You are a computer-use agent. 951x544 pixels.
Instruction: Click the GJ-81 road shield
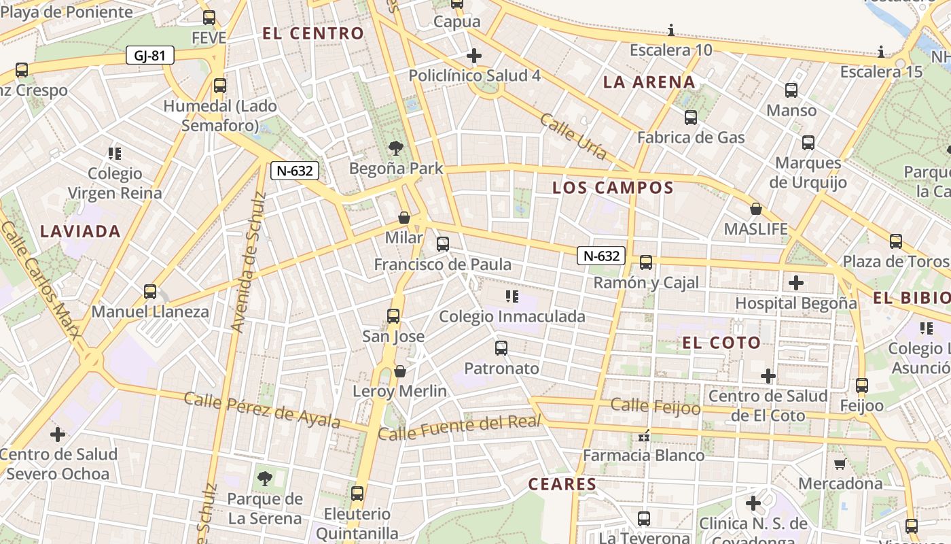click(149, 56)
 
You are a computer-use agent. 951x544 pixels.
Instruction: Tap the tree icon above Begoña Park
click(395, 148)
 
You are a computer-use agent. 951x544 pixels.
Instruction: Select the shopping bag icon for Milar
click(404, 218)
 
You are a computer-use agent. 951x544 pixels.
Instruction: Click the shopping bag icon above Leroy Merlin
click(400, 371)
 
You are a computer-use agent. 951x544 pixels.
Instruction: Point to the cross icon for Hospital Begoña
click(796, 282)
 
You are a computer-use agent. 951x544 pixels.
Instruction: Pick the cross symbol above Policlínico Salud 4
click(474, 55)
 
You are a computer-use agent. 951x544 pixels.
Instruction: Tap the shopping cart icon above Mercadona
click(840, 464)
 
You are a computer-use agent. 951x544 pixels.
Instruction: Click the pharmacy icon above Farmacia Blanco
click(644, 435)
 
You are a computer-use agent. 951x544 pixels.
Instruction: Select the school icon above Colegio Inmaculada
click(512, 296)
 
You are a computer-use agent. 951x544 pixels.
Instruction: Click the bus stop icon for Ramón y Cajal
click(646, 262)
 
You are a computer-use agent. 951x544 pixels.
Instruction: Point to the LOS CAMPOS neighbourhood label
click(613, 188)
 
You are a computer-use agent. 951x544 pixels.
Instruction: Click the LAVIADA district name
click(80, 231)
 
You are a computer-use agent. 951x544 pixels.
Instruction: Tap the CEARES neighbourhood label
click(562, 484)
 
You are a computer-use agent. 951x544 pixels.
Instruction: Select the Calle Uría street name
click(573, 137)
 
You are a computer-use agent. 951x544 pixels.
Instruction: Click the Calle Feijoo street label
click(655, 407)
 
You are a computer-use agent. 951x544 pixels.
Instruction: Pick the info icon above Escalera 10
click(671, 30)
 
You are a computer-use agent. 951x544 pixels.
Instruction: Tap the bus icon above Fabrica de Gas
click(691, 117)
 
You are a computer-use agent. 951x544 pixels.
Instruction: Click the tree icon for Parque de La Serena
click(265, 479)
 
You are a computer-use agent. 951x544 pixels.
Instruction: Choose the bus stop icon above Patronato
click(501, 348)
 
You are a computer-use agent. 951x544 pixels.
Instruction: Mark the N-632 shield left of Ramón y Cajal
click(601, 256)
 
